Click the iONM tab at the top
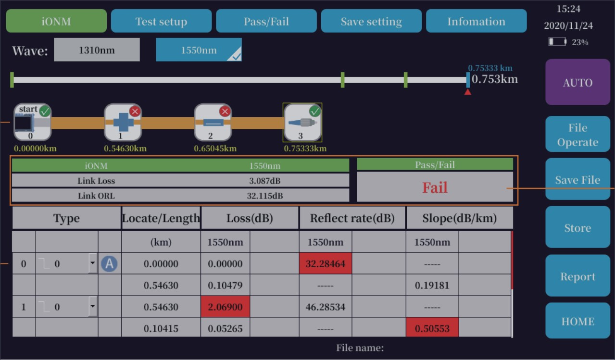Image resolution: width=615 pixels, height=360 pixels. click(x=56, y=21)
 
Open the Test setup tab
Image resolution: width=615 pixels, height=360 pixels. click(x=161, y=22)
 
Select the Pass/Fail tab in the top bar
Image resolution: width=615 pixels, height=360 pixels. click(x=266, y=22)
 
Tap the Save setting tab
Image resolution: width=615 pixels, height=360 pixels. click(x=371, y=22)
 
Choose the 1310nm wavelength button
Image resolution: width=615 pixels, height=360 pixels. click(x=97, y=50)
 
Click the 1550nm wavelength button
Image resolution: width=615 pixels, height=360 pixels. click(x=199, y=50)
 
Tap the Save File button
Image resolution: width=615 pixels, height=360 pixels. click(x=577, y=180)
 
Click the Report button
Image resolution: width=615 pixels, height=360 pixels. click(x=577, y=276)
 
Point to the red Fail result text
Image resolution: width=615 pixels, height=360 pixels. click(x=435, y=187)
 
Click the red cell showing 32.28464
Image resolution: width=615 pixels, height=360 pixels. click(x=326, y=264)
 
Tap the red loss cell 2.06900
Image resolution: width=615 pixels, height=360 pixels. click(x=225, y=307)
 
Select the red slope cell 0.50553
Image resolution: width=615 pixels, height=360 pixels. click(x=432, y=328)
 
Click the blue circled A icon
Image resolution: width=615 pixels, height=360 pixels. click(x=109, y=263)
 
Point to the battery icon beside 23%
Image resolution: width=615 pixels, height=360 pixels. click(x=558, y=42)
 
